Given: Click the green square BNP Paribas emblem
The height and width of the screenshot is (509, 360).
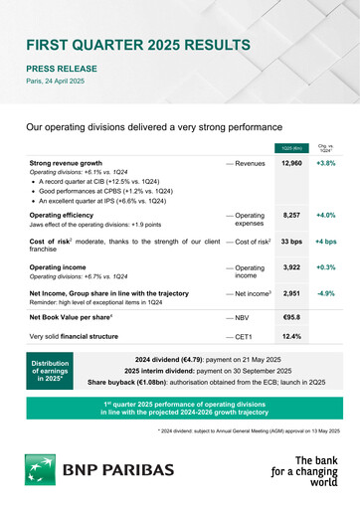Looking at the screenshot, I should (x=45, y=470).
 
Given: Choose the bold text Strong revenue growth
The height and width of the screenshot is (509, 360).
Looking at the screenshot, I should (x=66, y=162).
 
